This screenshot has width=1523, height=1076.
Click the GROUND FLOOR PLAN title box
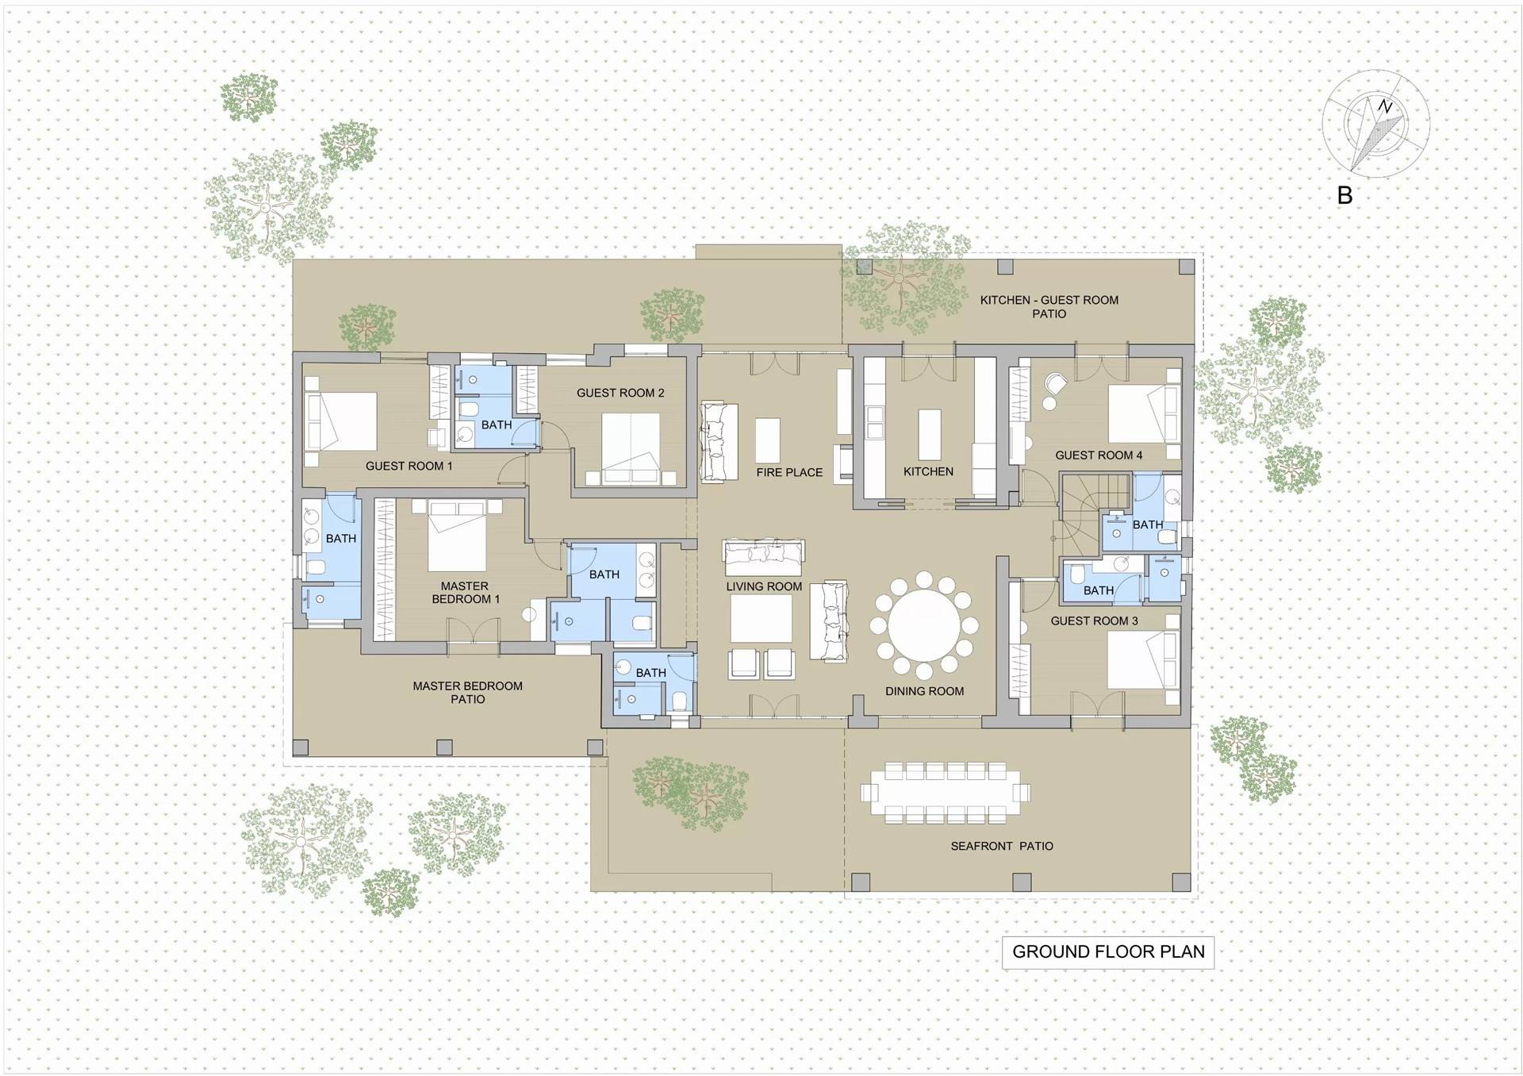click(x=1107, y=952)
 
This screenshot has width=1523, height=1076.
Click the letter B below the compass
click(x=1345, y=195)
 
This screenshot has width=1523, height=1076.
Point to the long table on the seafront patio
click(x=946, y=792)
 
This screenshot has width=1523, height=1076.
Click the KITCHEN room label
click(x=928, y=471)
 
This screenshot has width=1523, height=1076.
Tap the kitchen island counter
click(x=929, y=433)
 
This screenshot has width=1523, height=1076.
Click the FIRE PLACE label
click(x=789, y=472)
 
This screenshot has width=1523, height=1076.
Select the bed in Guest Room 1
click(x=341, y=422)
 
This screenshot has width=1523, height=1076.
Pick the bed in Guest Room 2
click(x=631, y=448)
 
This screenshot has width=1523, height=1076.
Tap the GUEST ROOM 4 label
click(x=1099, y=455)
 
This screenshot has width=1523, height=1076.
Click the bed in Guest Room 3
click(x=1142, y=659)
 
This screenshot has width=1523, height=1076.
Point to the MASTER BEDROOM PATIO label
click(x=467, y=692)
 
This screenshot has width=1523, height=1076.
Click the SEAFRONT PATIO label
click(x=1002, y=847)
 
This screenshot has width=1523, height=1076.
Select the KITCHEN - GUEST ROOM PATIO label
click(x=1049, y=306)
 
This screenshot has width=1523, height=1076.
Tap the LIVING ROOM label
click(x=764, y=586)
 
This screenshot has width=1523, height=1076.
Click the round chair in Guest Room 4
click(x=1056, y=384)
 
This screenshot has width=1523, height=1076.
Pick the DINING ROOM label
click(x=925, y=691)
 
